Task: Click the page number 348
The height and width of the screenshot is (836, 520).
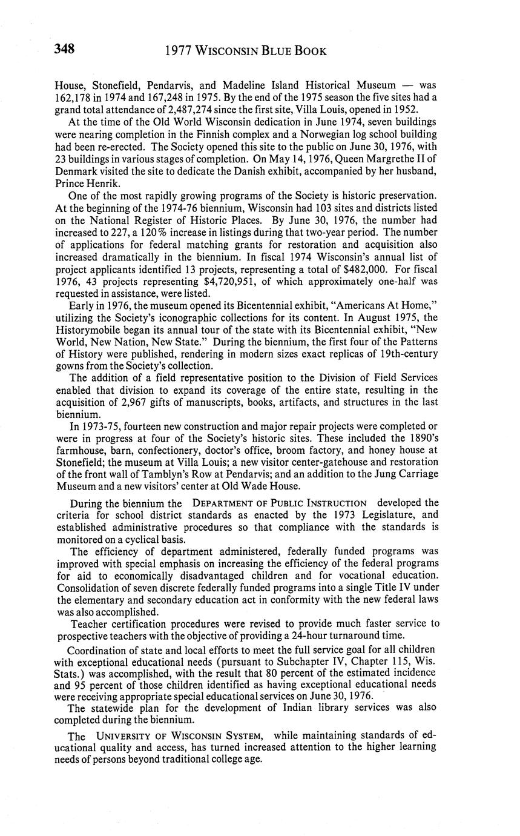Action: pos(64,50)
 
